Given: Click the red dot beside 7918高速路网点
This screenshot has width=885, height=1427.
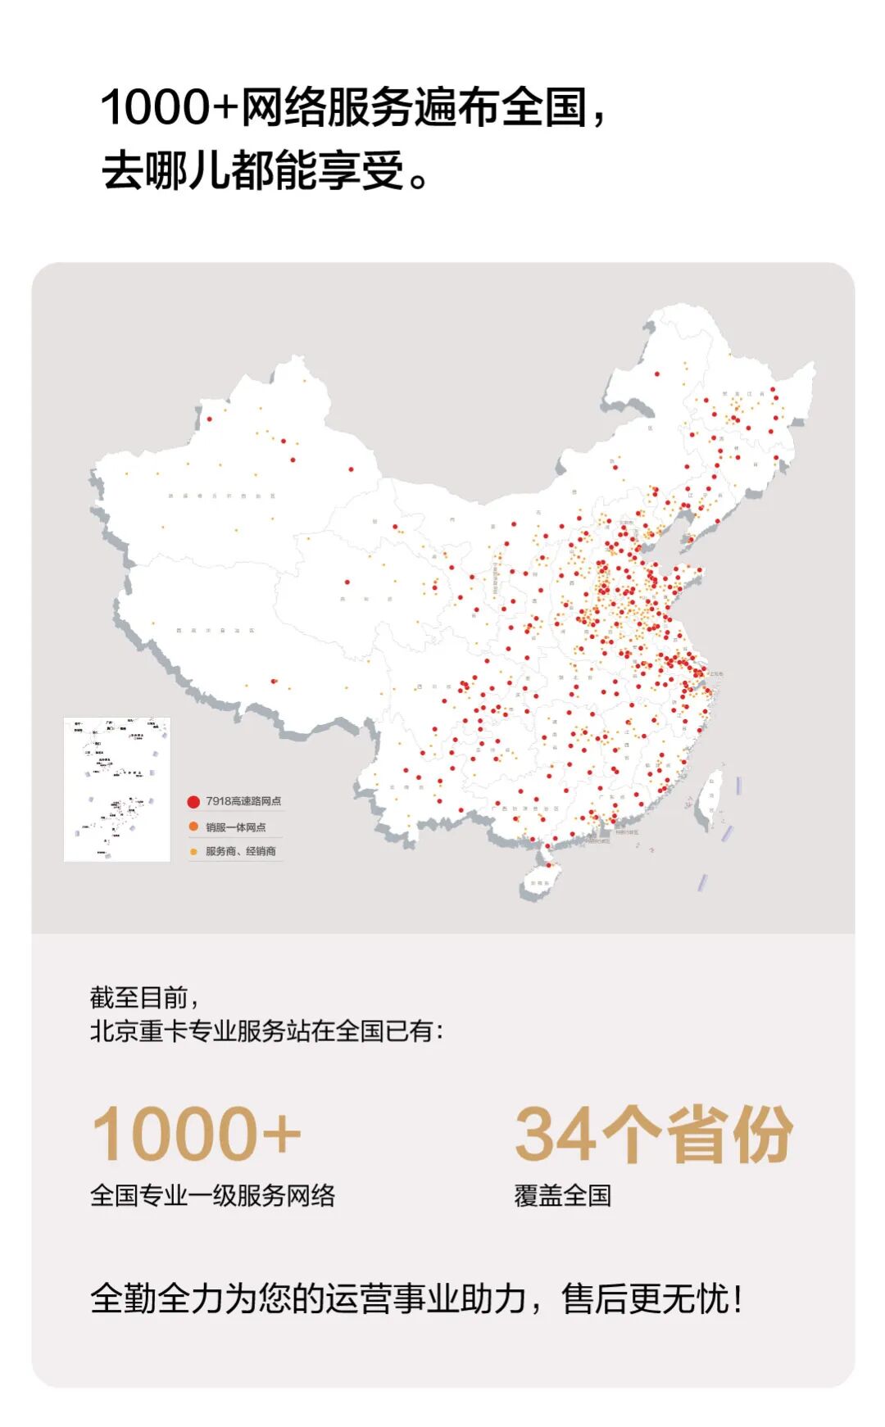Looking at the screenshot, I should (193, 802).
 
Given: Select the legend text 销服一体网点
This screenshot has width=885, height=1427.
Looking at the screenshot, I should (235, 827).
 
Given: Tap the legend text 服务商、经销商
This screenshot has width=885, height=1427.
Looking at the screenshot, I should (240, 852).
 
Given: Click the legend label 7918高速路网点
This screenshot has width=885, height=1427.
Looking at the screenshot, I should (243, 801).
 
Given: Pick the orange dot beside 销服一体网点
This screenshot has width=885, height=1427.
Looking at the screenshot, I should (193, 827).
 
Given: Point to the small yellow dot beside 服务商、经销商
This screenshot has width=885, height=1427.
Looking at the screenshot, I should (193, 852).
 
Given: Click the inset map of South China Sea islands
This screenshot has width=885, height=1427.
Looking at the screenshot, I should (117, 789).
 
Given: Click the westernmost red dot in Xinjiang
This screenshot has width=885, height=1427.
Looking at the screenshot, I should (209, 419).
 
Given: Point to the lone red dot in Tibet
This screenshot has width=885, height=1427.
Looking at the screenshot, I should (274, 681).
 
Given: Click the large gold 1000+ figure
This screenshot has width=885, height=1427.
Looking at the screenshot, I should (197, 1134).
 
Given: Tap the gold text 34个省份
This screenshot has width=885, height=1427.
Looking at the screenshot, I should (653, 1135).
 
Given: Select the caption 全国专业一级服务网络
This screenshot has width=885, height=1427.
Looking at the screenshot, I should (212, 1195).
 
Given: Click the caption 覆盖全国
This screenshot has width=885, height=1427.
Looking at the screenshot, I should (562, 1195).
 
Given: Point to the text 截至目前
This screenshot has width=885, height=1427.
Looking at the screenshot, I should (139, 998).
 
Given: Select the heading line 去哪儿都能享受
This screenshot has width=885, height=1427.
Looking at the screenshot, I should (254, 171).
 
